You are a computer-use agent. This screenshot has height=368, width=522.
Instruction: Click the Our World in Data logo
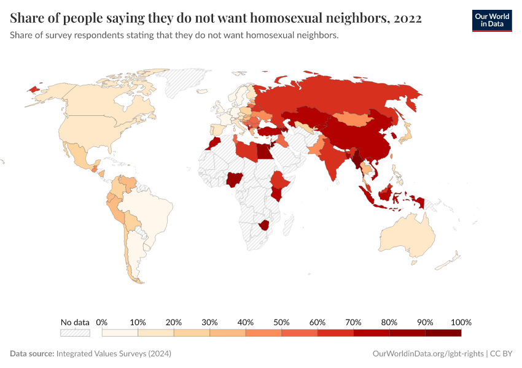pyautogui.click(x=492, y=20)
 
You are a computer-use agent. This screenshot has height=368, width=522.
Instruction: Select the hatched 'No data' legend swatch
pyautogui.click(x=75, y=332)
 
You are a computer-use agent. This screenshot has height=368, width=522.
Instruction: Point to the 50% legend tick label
pyautogui.click(x=281, y=322)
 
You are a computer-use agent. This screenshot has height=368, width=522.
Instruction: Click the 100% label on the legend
pyautogui.click(x=461, y=322)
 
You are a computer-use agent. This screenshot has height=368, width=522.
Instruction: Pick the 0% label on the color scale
pyautogui.click(x=102, y=322)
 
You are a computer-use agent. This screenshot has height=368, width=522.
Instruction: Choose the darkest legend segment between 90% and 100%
pyautogui.click(x=443, y=332)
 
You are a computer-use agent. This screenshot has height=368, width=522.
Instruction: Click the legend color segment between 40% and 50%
pyautogui.click(x=263, y=332)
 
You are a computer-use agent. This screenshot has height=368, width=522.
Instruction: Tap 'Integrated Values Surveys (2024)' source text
pyautogui.click(x=114, y=354)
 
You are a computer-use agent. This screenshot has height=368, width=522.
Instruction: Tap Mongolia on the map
pyautogui.click(x=356, y=118)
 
